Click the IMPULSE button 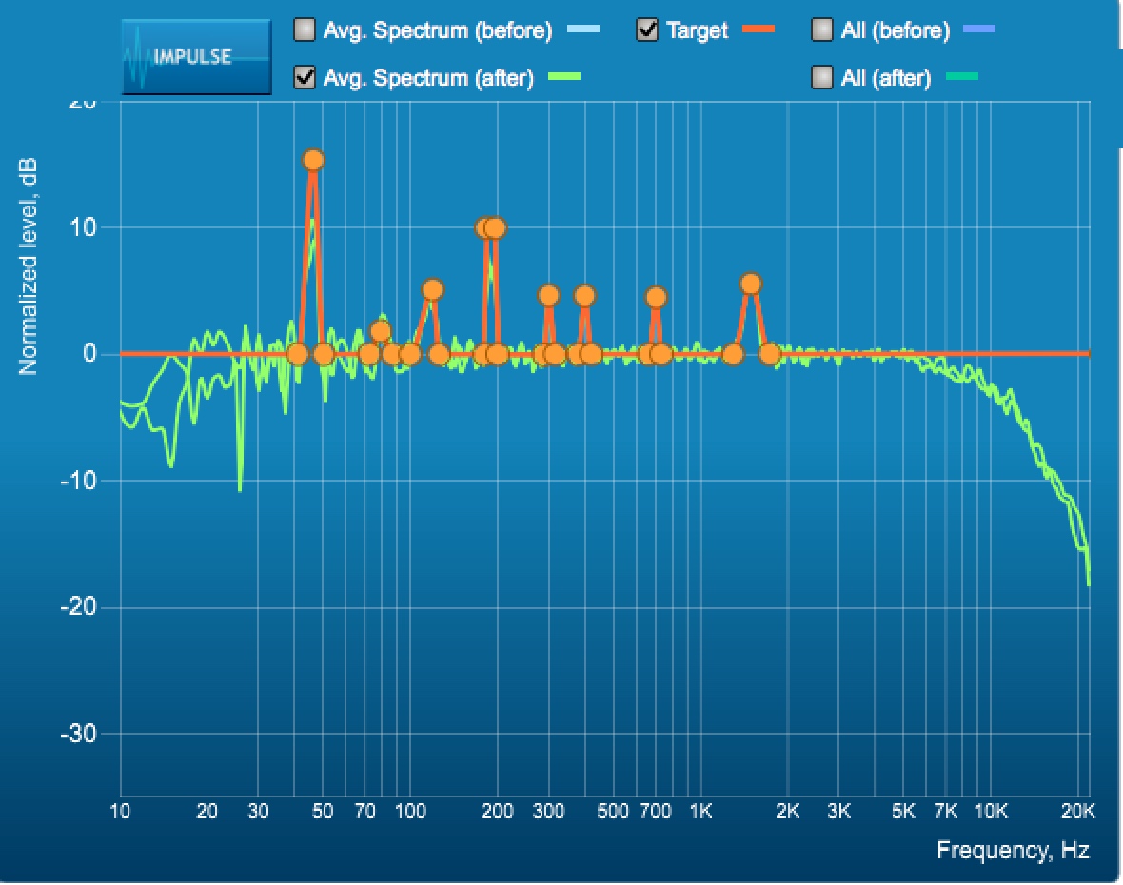pyautogui.click(x=196, y=56)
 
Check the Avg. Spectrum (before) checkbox pyautogui.click(x=305, y=30)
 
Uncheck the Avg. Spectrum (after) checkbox pyautogui.click(x=305, y=77)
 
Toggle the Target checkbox pyautogui.click(x=647, y=30)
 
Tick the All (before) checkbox pyautogui.click(x=822, y=30)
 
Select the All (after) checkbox pyautogui.click(x=822, y=77)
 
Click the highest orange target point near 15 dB pyautogui.click(x=313, y=160)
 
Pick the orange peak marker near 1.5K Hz pyautogui.click(x=751, y=284)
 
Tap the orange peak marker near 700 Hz pyautogui.click(x=656, y=297)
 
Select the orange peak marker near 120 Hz pyautogui.click(x=432, y=289)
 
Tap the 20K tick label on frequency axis pyautogui.click(x=1077, y=812)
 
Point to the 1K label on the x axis pyautogui.click(x=700, y=812)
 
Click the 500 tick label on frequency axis pyautogui.click(x=613, y=812)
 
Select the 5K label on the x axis pyautogui.click(x=903, y=812)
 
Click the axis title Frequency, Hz pyautogui.click(x=1013, y=850)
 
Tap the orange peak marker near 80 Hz pyautogui.click(x=381, y=331)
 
